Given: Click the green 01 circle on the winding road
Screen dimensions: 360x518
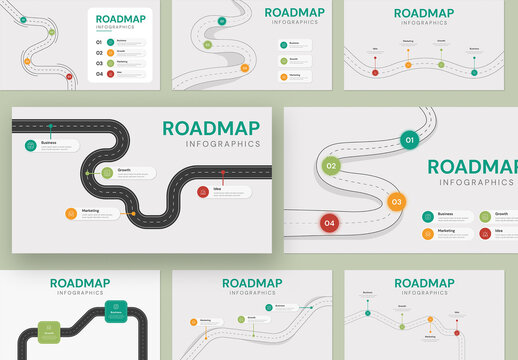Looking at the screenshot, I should (408, 140).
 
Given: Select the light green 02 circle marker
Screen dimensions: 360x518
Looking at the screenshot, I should (331, 165).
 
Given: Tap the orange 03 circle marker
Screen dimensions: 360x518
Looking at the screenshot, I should (396, 201).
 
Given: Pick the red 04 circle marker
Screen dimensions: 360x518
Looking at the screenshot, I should (329, 223).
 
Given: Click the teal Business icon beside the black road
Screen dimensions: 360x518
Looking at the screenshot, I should (32, 145).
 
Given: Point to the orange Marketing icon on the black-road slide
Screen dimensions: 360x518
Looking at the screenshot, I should (71, 212).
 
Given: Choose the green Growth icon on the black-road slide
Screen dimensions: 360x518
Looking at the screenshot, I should (107, 173).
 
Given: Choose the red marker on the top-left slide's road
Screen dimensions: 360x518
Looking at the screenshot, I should (69, 76).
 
